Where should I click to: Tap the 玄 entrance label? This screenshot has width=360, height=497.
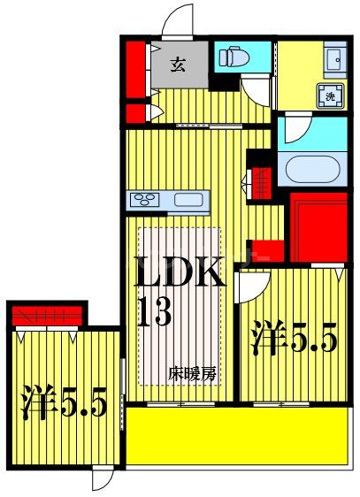[x=178, y=64]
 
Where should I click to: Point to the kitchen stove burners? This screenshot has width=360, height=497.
[x=143, y=199]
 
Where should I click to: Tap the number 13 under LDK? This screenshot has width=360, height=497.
[x=152, y=314]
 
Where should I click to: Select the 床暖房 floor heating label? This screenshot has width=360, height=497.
[x=192, y=373]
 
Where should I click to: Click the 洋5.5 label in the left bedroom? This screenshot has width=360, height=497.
[x=65, y=402]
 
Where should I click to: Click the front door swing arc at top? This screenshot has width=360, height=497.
[x=180, y=19]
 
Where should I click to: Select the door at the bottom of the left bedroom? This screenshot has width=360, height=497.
[x=103, y=478]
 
